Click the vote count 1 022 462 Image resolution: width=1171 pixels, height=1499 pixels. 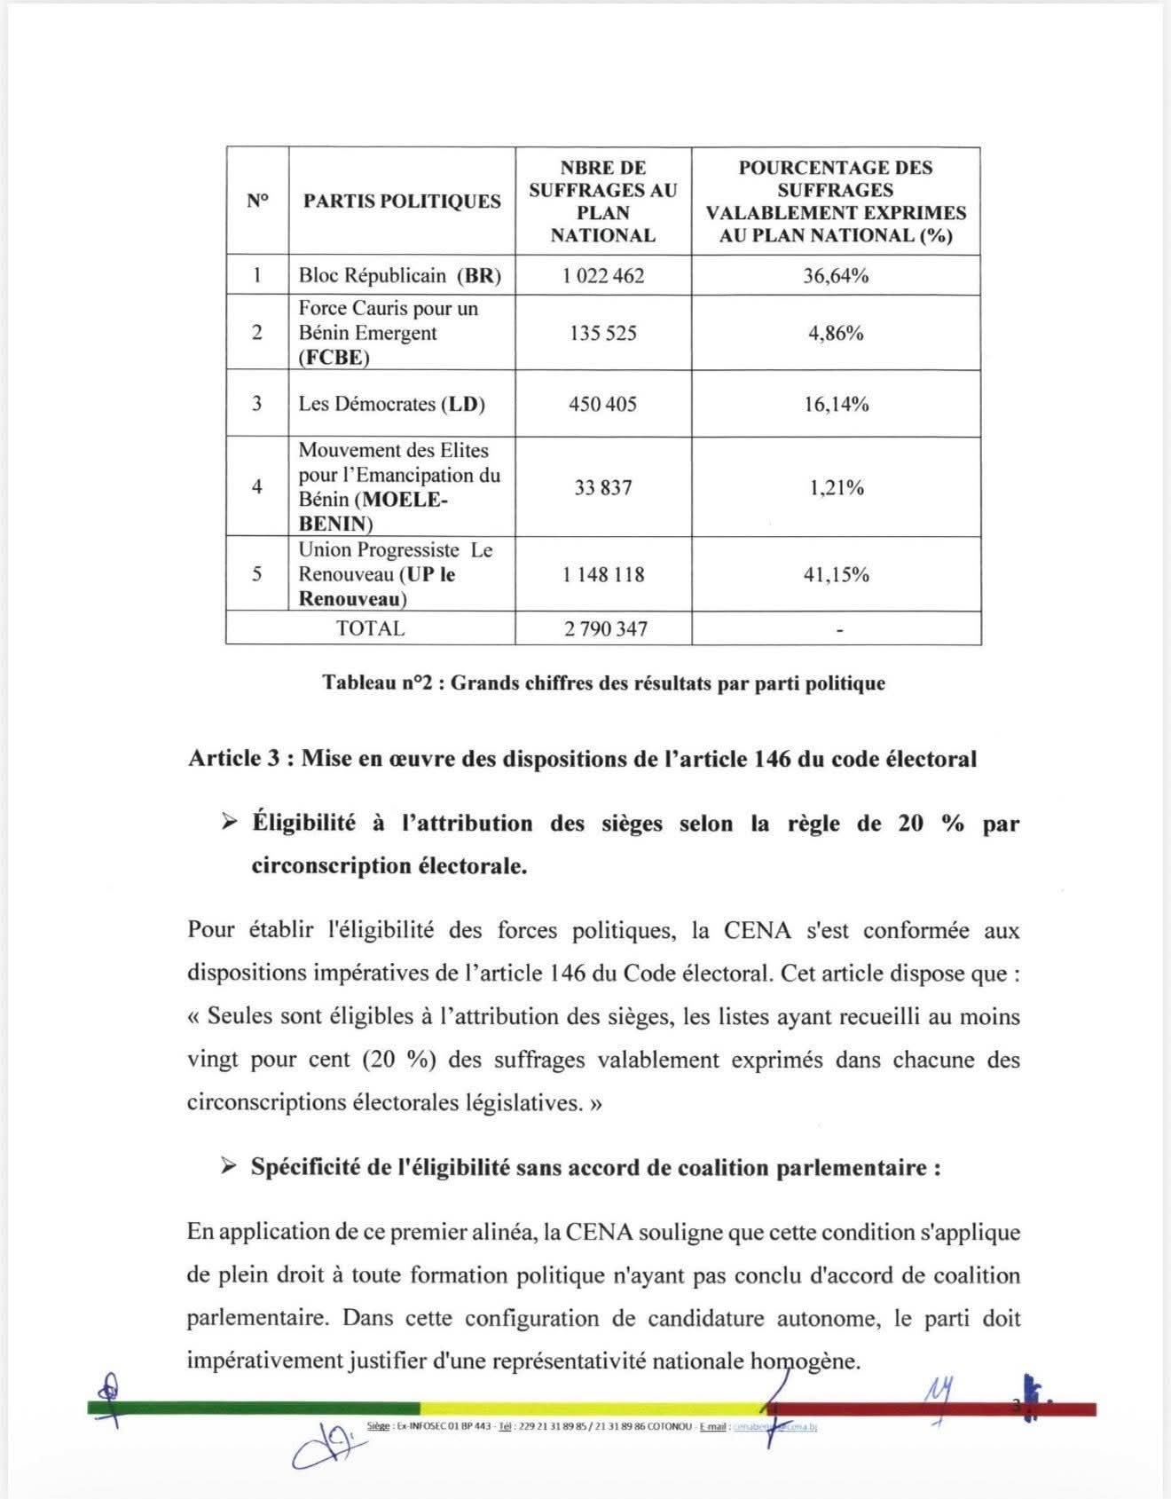pyautogui.click(x=602, y=275)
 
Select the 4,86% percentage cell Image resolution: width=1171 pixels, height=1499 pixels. pyautogui.click(x=836, y=333)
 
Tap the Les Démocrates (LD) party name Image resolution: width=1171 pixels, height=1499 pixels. pyautogui.click(x=391, y=404)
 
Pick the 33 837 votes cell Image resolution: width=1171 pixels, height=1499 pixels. pyautogui.click(x=602, y=486)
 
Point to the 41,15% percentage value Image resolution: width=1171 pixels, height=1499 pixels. pyautogui.click(x=836, y=574)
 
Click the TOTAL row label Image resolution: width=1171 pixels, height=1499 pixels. pyautogui.click(x=370, y=628)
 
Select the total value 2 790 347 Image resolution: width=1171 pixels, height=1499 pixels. pyautogui.click(x=605, y=628)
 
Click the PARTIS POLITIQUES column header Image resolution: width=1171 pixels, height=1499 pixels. pyautogui.click(x=402, y=201)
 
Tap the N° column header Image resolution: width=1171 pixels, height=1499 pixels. pyautogui.click(x=257, y=201)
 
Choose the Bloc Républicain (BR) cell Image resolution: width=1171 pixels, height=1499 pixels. pyautogui.click(x=399, y=275)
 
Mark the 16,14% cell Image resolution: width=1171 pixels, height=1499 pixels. pyautogui.click(x=836, y=404)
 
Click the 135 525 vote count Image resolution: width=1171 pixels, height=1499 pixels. pyautogui.click(x=602, y=333)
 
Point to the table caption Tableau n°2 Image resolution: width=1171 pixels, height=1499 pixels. pyautogui.click(x=603, y=682)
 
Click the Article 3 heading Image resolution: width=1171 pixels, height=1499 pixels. pyautogui.click(x=582, y=759)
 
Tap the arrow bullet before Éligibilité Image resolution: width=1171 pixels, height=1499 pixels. pyautogui.click(x=230, y=824)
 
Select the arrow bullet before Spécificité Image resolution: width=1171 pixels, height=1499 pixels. pyautogui.click(x=230, y=1166)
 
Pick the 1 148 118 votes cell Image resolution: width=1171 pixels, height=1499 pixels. pyautogui.click(x=602, y=574)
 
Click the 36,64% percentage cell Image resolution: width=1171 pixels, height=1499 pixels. pyautogui.click(x=836, y=275)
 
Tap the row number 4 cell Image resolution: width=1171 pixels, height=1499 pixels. pyautogui.click(x=257, y=486)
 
